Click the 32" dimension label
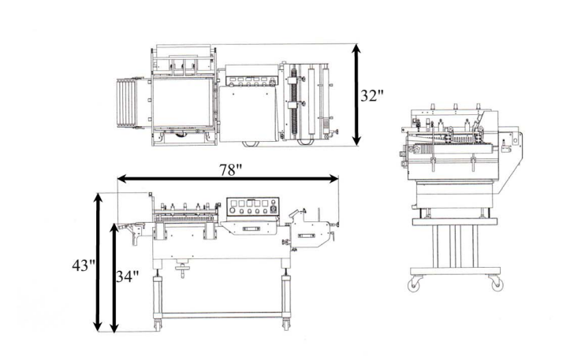click(x=373, y=96)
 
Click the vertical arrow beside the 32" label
click(x=356, y=95)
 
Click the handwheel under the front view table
click(x=185, y=270)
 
